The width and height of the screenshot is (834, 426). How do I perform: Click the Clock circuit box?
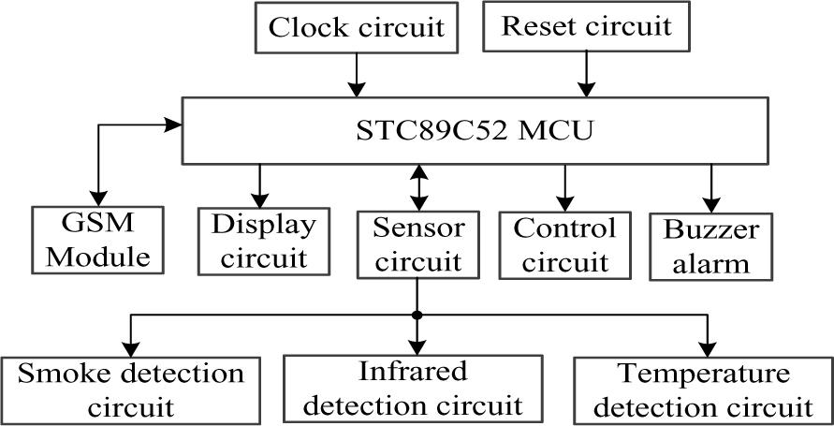[356, 27]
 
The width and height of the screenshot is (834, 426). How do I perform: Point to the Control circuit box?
[565, 244]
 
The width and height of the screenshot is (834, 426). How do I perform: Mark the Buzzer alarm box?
[712, 245]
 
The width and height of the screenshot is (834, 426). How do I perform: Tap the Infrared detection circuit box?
[414, 388]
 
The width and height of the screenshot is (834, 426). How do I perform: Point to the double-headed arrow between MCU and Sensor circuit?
[418, 187]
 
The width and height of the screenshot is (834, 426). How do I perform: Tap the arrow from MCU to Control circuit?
[564, 187]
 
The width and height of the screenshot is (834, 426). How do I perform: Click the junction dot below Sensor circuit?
[418, 315]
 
